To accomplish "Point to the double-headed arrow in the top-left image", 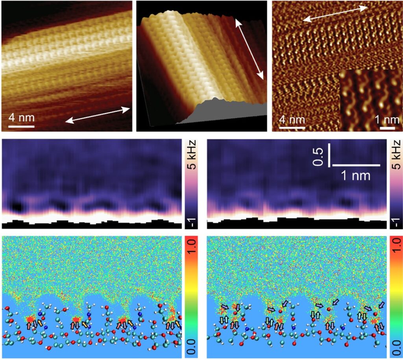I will pyautogui.click(x=98, y=115).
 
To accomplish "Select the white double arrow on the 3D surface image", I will pyautogui.click(x=250, y=49).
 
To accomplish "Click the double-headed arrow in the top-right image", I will pyautogui.click(x=336, y=14).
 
